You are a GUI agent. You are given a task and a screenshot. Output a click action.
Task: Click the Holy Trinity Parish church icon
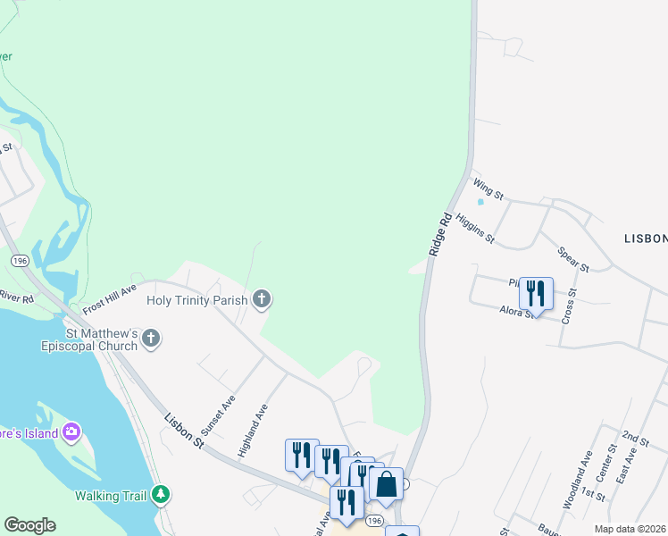(262, 298)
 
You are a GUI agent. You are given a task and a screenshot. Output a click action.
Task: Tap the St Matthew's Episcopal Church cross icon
(151, 338)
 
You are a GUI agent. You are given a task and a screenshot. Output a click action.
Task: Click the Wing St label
(488, 188)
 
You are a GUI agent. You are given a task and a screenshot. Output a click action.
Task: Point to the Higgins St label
(474, 228)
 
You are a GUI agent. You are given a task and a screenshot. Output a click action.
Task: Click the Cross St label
(569, 306)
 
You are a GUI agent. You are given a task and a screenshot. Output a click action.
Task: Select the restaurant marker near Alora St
(536, 293)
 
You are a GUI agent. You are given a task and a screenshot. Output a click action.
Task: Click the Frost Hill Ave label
(109, 299)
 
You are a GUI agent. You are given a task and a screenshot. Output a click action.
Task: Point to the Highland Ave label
(253, 431)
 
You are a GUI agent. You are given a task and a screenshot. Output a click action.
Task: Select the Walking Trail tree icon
(160, 493)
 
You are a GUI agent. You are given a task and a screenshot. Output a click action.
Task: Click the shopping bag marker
(387, 484)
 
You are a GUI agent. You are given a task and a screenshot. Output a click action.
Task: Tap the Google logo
(29, 525)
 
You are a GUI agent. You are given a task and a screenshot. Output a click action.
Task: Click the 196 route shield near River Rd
(18, 259)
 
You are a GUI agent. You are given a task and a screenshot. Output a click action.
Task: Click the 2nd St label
(635, 438)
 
